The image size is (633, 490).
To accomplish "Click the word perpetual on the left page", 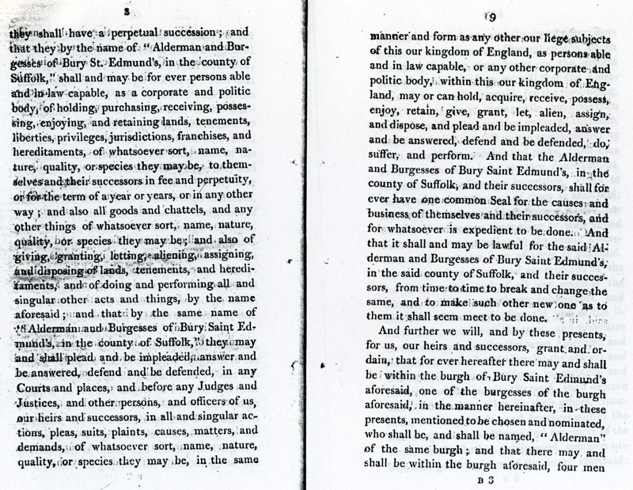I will [127, 34].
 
